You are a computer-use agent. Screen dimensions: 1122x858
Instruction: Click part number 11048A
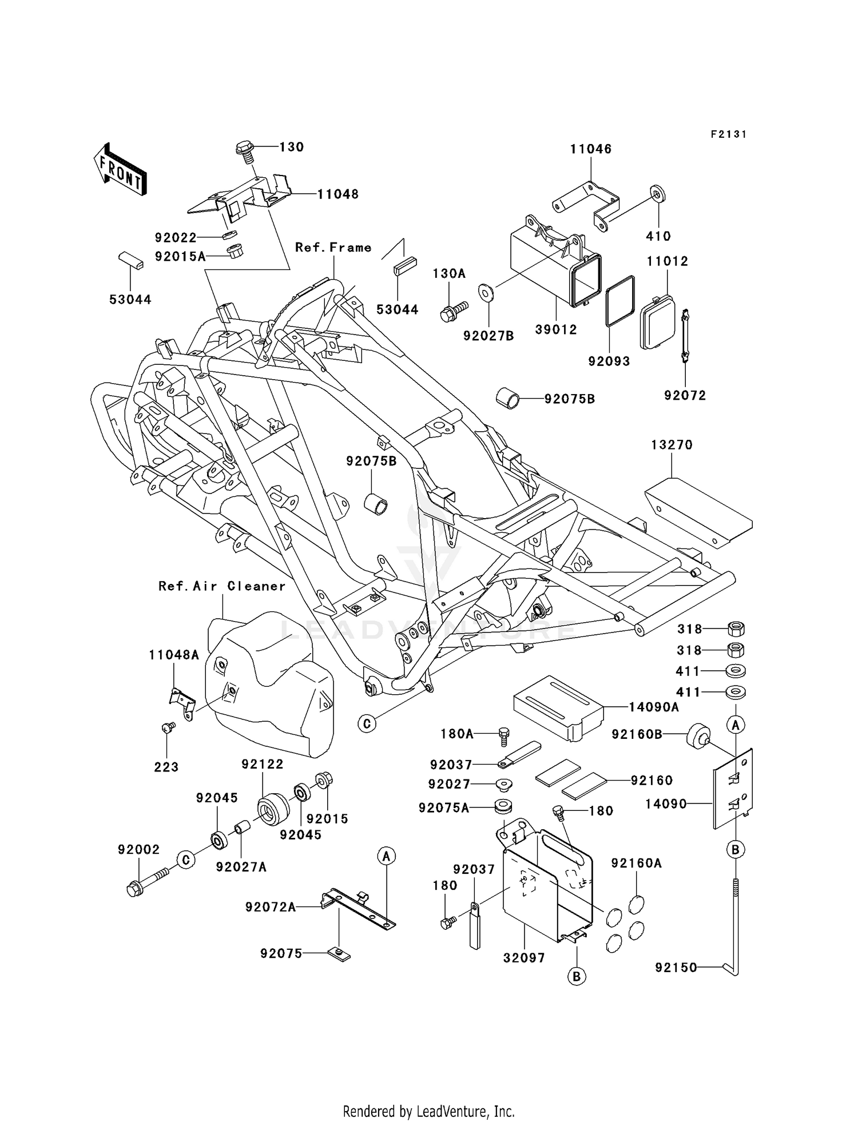pyautogui.click(x=174, y=655)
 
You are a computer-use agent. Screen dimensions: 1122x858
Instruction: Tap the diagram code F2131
pyautogui.click(x=728, y=134)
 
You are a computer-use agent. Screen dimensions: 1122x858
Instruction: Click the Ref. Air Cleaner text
pyautogui.click(x=222, y=586)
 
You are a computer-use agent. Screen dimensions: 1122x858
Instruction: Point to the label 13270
pyautogui.click(x=672, y=445)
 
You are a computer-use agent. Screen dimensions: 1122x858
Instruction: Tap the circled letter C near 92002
pyautogui.click(x=186, y=860)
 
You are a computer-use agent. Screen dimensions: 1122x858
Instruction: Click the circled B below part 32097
pyautogui.click(x=577, y=976)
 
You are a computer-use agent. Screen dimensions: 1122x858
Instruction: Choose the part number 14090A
pyautogui.click(x=654, y=707)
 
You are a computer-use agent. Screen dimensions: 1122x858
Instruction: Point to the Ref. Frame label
pyautogui.click(x=333, y=248)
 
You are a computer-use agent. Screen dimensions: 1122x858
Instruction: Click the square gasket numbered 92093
pyautogui.click(x=620, y=301)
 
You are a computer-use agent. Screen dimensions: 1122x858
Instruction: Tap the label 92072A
pyautogui.click(x=271, y=907)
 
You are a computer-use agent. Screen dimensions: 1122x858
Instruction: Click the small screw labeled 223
pyautogui.click(x=168, y=727)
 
